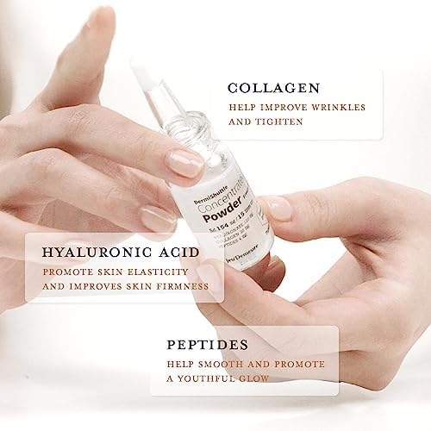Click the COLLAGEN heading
pos(274,87)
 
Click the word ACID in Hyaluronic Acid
pos(174,253)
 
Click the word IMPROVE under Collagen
pos(278,109)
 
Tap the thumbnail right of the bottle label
pos(278,207)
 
